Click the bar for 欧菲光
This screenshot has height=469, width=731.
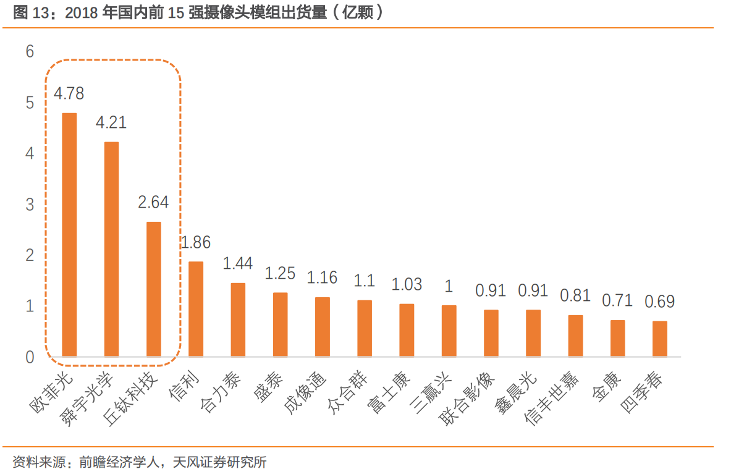(69, 235)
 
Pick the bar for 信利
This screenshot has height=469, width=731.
(196, 309)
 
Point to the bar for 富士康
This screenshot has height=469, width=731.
(407, 330)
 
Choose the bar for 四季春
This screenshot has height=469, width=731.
(660, 339)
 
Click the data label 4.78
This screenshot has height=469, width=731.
(69, 94)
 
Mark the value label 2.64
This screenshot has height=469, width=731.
(153, 202)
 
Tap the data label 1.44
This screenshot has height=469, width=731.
(238, 263)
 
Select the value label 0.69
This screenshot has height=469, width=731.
(660, 302)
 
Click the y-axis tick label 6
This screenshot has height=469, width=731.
(30, 52)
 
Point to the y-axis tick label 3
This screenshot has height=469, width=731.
(30, 205)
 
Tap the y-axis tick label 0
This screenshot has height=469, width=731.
(30, 357)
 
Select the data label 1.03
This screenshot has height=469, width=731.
(407, 284)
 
